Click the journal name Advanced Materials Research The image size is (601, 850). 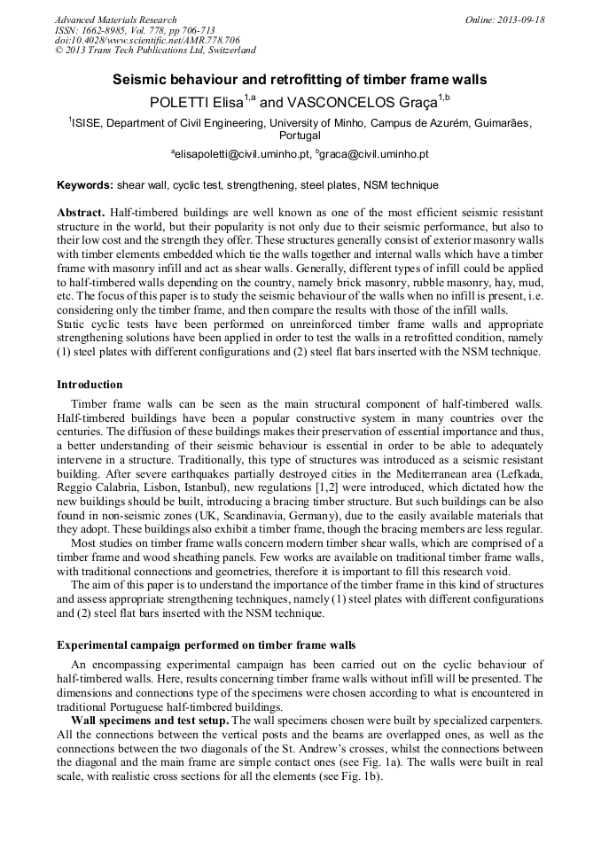[116, 19]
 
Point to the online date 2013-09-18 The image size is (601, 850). [519, 19]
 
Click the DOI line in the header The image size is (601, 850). [147, 40]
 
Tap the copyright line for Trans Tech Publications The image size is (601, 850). [155, 51]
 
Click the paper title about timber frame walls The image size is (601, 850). [300, 80]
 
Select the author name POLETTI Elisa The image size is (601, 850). [212, 102]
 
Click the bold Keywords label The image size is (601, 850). [85, 185]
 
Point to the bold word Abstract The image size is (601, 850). [81, 214]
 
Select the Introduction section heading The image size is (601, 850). [90, 385]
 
